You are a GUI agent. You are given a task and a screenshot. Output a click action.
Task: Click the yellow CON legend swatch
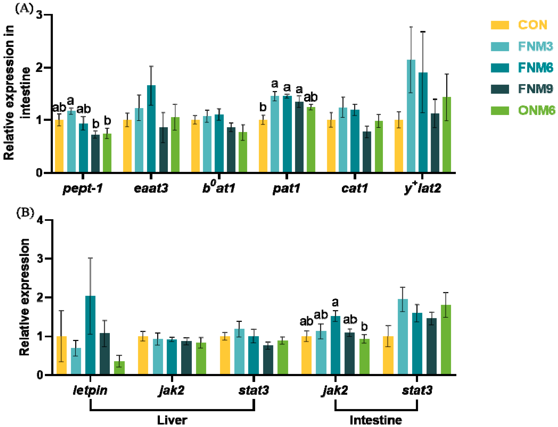500,25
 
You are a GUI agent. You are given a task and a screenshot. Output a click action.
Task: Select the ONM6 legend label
536,110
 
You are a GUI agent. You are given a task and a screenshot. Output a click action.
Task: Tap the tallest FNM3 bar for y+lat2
411,116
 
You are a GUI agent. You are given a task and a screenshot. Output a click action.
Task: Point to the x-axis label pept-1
83,189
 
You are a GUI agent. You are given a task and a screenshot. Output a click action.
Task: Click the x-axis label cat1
354,189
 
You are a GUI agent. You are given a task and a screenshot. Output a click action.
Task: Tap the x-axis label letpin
90,390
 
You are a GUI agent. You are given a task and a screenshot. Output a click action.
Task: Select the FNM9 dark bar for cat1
367,152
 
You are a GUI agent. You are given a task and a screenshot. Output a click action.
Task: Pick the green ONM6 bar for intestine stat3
446,340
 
